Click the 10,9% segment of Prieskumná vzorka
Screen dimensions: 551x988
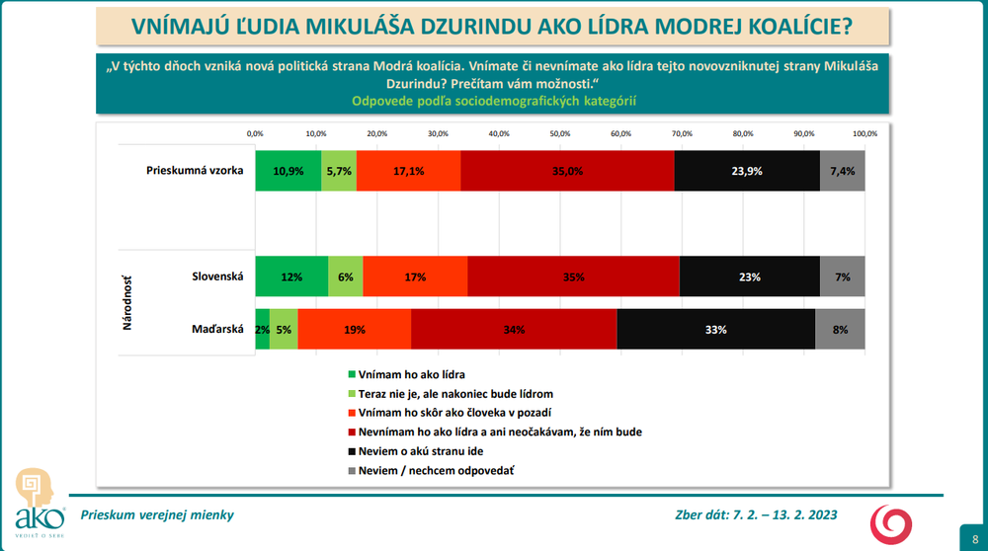[288, 171]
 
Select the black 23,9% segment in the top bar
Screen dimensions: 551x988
[747, 171]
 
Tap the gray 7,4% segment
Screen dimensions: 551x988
[843, 171]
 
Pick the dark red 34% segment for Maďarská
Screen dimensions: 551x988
[514, 330]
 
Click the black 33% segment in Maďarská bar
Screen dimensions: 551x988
[716, 330]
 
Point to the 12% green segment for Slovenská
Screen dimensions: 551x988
[291, 276]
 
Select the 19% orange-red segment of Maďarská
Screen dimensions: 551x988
[354, 330]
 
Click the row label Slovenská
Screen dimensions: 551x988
[216, 276]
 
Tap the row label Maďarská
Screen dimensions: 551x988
[218, 330]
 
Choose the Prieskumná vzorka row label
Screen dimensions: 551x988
[195, 170]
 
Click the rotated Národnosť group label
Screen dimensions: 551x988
[128, 302]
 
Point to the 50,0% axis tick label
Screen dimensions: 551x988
[560, 133]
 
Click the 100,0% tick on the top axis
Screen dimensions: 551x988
[864, 133]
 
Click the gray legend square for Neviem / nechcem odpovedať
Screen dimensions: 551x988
[352, 470]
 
